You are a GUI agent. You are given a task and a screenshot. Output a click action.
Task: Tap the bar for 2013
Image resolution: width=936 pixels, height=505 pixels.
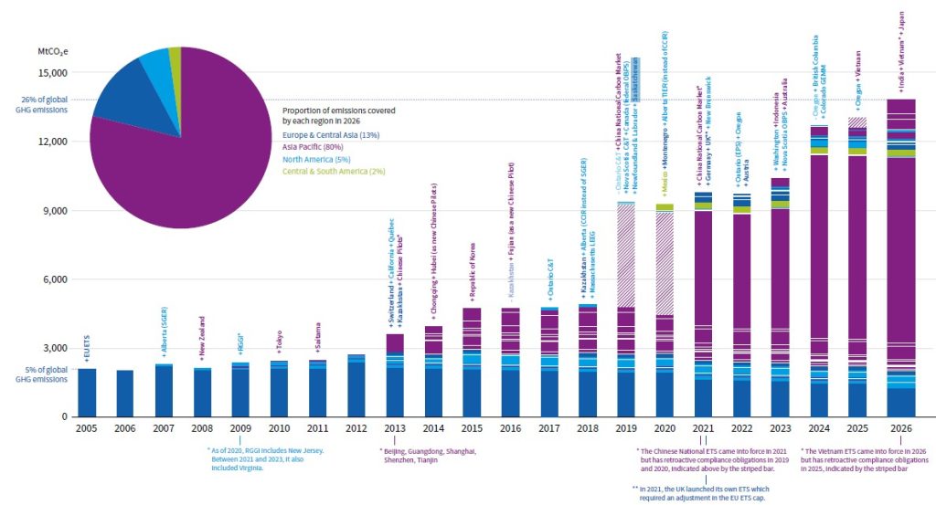(395, 375)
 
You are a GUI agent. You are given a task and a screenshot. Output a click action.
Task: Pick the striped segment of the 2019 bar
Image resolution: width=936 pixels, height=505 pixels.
(626, 256)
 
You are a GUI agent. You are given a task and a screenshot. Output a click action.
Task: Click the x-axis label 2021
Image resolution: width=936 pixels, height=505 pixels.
(703, 427)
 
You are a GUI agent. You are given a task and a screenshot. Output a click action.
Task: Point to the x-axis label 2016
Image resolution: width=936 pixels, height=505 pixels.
(510, 427)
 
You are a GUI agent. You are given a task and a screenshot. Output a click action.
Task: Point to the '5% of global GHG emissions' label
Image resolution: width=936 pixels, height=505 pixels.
(37, 374)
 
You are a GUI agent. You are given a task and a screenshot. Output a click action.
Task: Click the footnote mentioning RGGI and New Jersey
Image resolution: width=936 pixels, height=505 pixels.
(266, 458)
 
